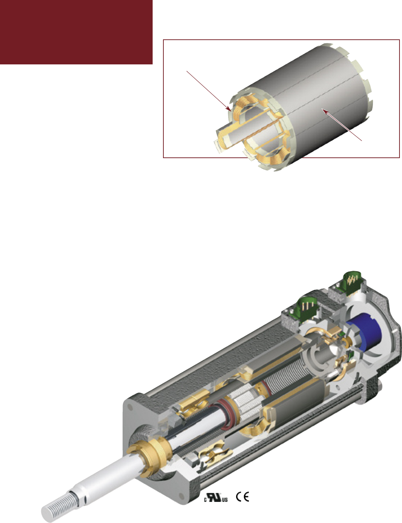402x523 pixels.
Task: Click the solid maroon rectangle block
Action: point(76,32)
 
